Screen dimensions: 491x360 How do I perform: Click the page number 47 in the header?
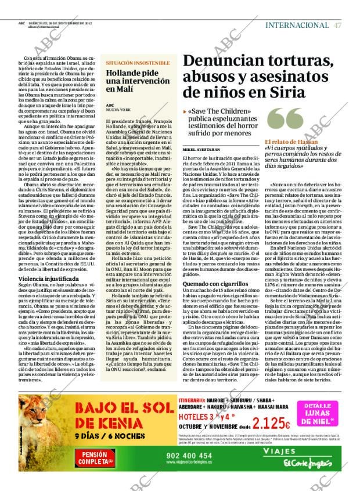tap(337, 25)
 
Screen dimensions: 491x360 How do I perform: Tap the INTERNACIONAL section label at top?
tap(297, 25)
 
